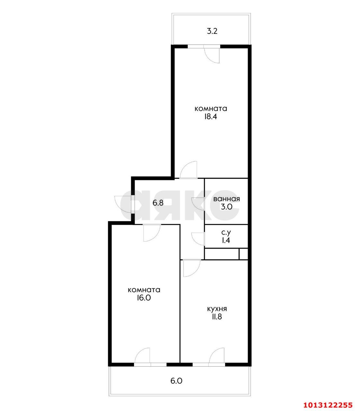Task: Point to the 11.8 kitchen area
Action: [217, 317]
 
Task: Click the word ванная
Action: [227, 199]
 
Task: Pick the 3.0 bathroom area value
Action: [227, 207]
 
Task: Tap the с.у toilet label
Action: [226, 232]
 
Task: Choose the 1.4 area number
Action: [226, 240]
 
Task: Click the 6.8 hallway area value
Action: [158, 203]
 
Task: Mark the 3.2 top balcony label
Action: [212, 31]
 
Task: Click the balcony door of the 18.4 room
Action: [211, 54]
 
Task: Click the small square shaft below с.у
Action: [243, 254]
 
